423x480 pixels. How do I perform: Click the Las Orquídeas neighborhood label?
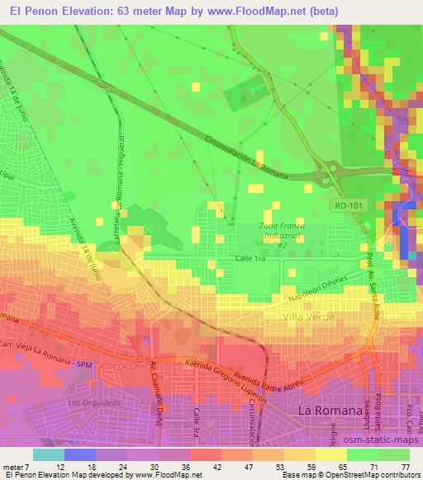[88, 402]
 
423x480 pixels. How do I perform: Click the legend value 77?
[404, 468]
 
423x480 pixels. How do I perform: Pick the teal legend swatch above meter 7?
[49, 454]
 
